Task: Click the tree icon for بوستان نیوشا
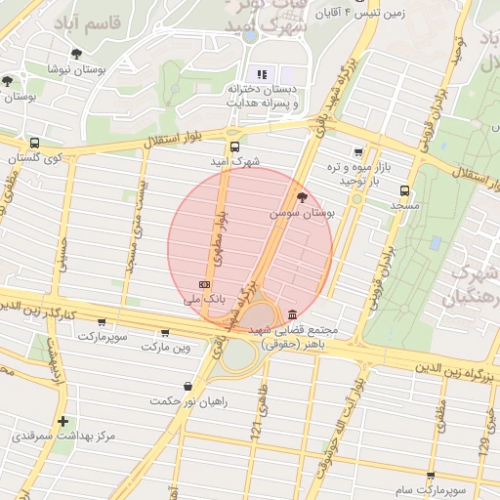tap(77, 54)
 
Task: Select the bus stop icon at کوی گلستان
tap(35, 143)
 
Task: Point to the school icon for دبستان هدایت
tap(261, 73)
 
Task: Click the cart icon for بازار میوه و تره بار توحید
tap(358, 152)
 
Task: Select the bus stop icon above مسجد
tap(404, 191)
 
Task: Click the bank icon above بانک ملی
tap(204, 283)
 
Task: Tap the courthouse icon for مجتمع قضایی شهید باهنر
tap(294, 314)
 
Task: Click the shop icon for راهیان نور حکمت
tap(186, 385)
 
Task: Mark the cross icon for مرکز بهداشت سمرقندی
tap(63, 422)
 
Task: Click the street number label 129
tap(481, 445)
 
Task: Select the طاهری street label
tap(261, 396)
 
